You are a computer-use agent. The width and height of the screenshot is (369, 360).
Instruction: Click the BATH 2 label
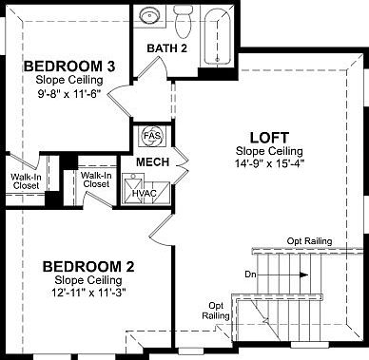point(167,48)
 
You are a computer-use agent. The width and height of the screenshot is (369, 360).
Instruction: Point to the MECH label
point(152,161)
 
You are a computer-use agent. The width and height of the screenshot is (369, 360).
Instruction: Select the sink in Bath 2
point(149,17)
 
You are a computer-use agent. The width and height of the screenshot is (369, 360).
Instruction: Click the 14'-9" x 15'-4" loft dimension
point(269,163)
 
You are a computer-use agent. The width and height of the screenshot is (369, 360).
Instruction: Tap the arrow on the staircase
point(297,275)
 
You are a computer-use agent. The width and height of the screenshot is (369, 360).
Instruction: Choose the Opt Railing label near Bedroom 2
point(216,310)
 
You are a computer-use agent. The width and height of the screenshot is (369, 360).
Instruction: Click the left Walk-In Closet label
point(25,180)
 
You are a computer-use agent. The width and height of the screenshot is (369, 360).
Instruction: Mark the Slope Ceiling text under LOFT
point(269,150)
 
